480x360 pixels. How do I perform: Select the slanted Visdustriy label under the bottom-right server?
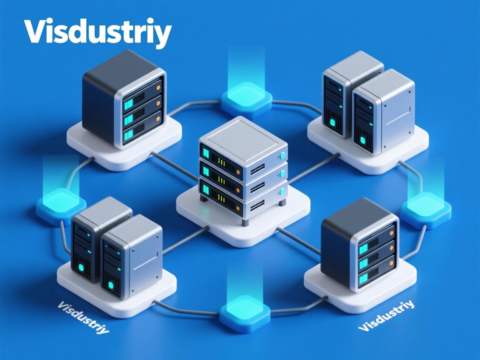click(387, 315)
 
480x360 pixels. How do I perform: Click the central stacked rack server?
click(243, 175)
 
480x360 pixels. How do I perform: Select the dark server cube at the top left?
click(123, 98)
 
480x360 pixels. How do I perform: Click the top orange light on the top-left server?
click(158, 88)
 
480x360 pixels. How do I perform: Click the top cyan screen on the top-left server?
click(128, 102)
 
